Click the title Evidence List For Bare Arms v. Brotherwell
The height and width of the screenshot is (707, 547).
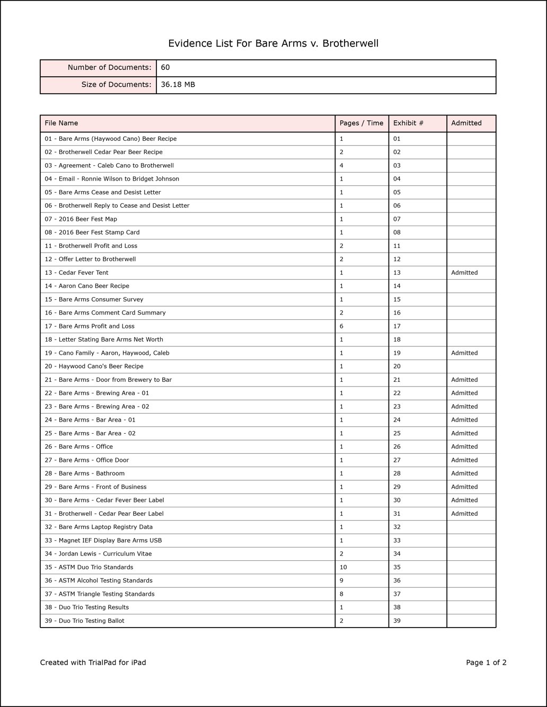(x=273, y=43)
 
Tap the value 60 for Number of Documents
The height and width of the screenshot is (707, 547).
(x=165, y=68)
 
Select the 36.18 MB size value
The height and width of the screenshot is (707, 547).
(x=178, y=85)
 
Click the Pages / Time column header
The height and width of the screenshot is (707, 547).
(x=361, y=123)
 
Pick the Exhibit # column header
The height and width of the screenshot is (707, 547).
(x=408, y=123)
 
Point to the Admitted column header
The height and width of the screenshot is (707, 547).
(x=466, y=123)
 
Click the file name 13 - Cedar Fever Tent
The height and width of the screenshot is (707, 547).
(x=76, y=273)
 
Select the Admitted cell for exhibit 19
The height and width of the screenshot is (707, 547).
(x=464, y=353)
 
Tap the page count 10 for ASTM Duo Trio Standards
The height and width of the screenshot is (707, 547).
(x=343, y=567)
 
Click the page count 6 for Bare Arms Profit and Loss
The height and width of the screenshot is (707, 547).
(x=341, y=326)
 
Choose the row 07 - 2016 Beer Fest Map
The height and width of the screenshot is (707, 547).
(x=81, y=219)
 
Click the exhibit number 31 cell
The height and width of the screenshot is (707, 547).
(x=397, y=514)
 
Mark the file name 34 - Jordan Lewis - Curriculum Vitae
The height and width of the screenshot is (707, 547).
(x=98, y=554)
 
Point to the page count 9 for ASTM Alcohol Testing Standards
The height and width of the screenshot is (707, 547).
(x=341, y=581)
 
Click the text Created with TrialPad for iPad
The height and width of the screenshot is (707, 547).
(x=93, y=663)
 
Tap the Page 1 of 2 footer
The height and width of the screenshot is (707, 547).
(x=486, y=663)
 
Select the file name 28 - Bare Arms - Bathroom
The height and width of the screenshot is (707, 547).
(x=84, y=473)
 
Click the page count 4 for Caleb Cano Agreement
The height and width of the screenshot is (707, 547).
(x=341, y=166)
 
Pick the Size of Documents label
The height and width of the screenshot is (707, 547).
(x=116, y=85)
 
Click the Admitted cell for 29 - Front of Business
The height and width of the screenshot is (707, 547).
(x=464, y=487)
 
